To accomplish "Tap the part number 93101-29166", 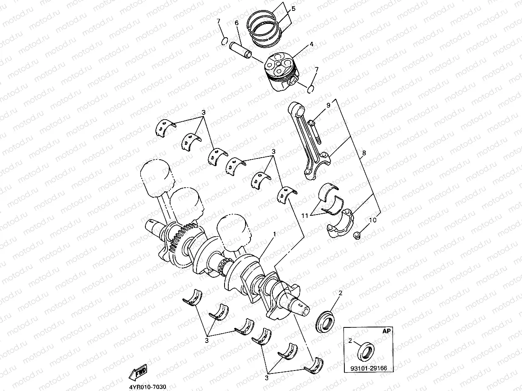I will [x=368, y=368].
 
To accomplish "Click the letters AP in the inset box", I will [x=387, y=331].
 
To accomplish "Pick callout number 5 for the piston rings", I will [x=293, y=8].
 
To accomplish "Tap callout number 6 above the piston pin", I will [x=237, y=23].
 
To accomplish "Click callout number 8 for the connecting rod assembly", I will [x=364, y=153].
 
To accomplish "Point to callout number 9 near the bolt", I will [x=328, y=105].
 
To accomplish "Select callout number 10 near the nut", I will [x=372, y=220].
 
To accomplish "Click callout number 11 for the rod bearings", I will [x=305, y=215].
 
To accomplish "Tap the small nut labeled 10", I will [x=357, y=235].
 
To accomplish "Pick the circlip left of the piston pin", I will [x=225, y=41].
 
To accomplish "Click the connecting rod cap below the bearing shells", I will [x=341, y=225].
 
